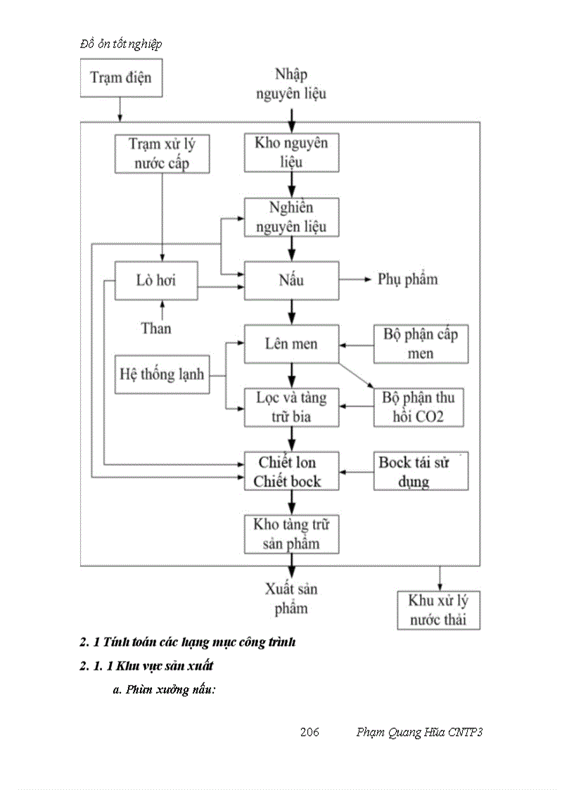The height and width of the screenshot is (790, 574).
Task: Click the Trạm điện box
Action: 120,77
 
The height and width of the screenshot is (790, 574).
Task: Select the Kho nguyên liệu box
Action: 291,153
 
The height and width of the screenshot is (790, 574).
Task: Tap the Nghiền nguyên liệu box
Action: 291,217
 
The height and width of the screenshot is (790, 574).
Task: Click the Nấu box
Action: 291,280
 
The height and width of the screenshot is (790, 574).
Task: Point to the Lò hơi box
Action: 156,281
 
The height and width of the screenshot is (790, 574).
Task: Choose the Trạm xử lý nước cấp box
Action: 162,154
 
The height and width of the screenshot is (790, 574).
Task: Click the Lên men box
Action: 291,344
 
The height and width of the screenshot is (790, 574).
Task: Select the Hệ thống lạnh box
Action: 161,374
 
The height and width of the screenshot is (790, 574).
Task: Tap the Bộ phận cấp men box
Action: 420,344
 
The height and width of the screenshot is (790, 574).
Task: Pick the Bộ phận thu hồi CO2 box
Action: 419,407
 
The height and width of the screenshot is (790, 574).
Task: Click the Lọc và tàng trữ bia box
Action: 291,407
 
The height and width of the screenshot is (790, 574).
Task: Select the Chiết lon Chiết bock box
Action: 291,471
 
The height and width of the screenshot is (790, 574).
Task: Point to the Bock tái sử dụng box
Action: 420,471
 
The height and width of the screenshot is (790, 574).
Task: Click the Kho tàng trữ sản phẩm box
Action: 291,534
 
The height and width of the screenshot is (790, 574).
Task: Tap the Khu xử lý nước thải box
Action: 438,610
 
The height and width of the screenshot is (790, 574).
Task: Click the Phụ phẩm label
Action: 407,279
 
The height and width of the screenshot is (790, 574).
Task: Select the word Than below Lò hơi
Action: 156,327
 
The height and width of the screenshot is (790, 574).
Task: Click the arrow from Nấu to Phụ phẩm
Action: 355,280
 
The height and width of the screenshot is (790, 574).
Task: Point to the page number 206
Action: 310,732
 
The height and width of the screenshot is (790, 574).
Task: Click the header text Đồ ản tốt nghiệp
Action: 121,44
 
